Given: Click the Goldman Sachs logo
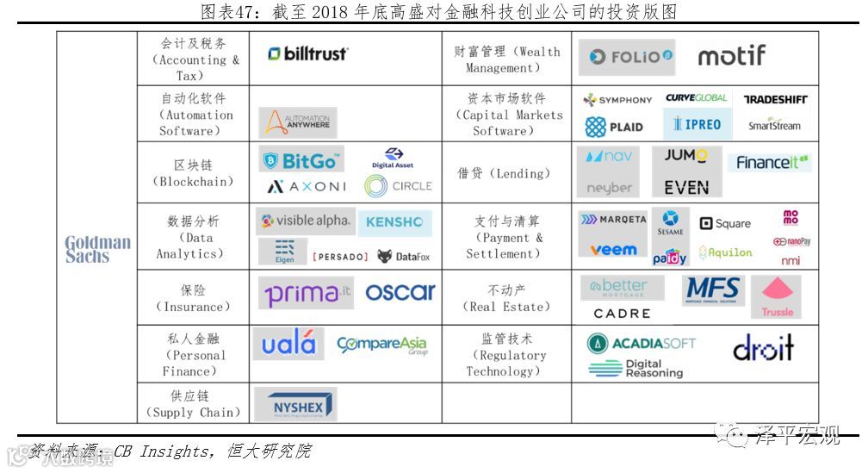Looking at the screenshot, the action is click(x=98, y=249).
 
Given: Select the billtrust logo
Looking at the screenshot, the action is click(x=307, y=54).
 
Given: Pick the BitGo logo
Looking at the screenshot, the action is click(x=301, y=161).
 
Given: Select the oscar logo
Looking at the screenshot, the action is click(x=400, y=293).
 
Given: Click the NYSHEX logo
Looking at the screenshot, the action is click(x=297, y=405).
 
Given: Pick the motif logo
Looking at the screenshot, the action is click(x=731, y=57).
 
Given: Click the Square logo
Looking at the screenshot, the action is click(x=725, y=224).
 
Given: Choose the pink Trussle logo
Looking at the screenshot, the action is click(x=777, y=296).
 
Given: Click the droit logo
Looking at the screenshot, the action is click(x=763, y=348).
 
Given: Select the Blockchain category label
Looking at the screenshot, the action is click(x=192, y=173).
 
